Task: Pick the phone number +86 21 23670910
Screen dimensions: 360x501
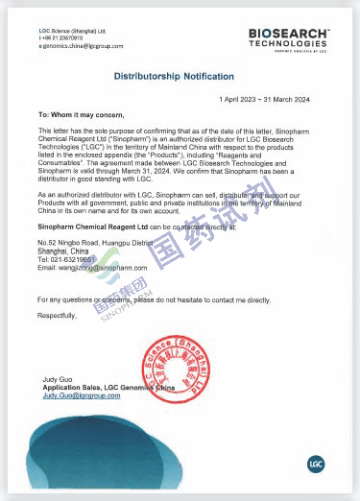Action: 65,38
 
